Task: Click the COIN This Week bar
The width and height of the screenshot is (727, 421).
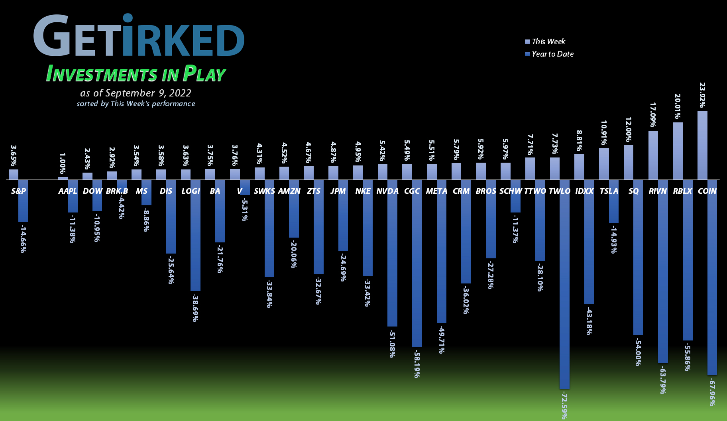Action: (702, 145)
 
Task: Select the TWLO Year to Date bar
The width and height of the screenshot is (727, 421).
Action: (564, 284)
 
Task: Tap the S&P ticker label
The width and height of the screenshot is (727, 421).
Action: (18, 191)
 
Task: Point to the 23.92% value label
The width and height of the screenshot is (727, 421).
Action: (702, 95)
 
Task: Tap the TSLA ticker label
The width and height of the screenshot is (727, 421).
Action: (609, 191)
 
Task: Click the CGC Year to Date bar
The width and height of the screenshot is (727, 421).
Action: (417, 263)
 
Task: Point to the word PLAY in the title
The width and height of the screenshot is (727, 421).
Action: (204, 74)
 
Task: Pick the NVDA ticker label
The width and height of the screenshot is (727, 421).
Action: (387, 191)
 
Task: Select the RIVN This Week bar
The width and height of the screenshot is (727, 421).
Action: (653, 155)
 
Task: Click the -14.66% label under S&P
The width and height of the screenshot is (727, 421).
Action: (23, 238)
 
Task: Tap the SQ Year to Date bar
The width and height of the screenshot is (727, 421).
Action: (638, 257)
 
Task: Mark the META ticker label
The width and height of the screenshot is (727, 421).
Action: (436, 191)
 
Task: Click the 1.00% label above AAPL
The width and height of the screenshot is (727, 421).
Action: (63, 163)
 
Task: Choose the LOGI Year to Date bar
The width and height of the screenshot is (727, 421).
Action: (195, 235)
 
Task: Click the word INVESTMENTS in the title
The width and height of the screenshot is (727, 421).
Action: (102, 74)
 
